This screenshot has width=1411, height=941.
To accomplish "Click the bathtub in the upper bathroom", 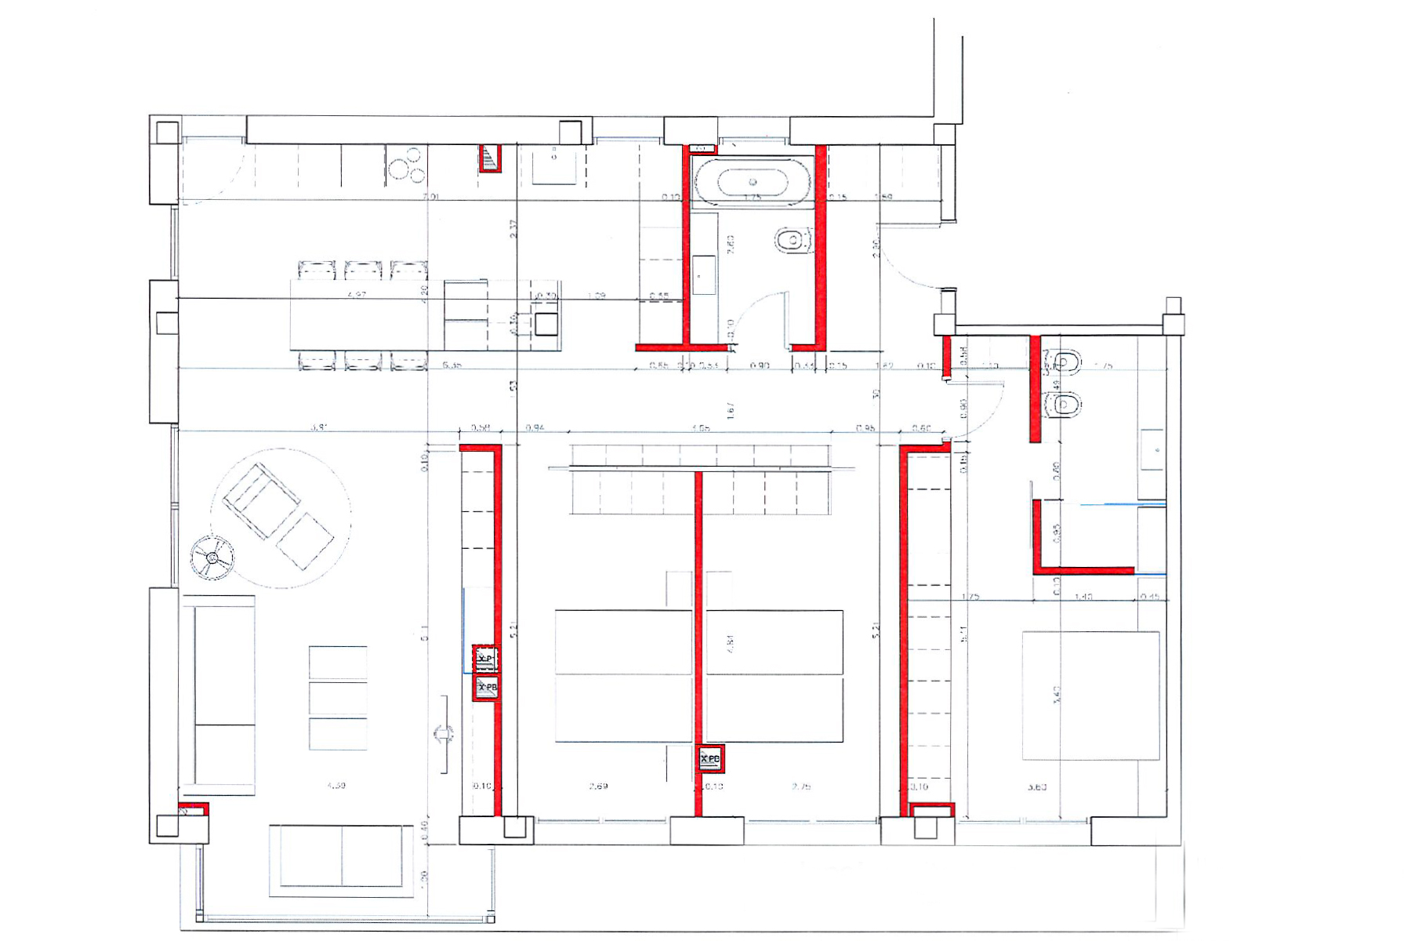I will (753, 182).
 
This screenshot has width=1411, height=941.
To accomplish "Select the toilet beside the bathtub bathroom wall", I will (793, 241).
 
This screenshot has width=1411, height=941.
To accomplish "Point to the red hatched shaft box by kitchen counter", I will (490, 158).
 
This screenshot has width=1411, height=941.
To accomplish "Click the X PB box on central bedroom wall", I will (710, 758).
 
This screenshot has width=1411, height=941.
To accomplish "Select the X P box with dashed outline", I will (486, 659).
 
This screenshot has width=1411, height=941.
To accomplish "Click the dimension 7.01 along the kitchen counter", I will (430, 197).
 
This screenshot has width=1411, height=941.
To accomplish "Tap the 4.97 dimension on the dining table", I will (357, 295).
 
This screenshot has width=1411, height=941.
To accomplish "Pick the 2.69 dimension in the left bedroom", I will (598, 786).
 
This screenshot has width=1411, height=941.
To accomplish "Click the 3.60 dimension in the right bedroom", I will (1036, 787).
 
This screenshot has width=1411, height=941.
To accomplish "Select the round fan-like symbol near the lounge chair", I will (212, 558).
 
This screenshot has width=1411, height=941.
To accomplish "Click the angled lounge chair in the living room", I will (261, 500).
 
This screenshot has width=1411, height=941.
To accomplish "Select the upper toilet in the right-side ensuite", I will (1065, 362).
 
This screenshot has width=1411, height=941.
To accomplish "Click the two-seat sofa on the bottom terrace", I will (341, 860).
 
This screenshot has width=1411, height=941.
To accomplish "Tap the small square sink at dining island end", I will (546, 323).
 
